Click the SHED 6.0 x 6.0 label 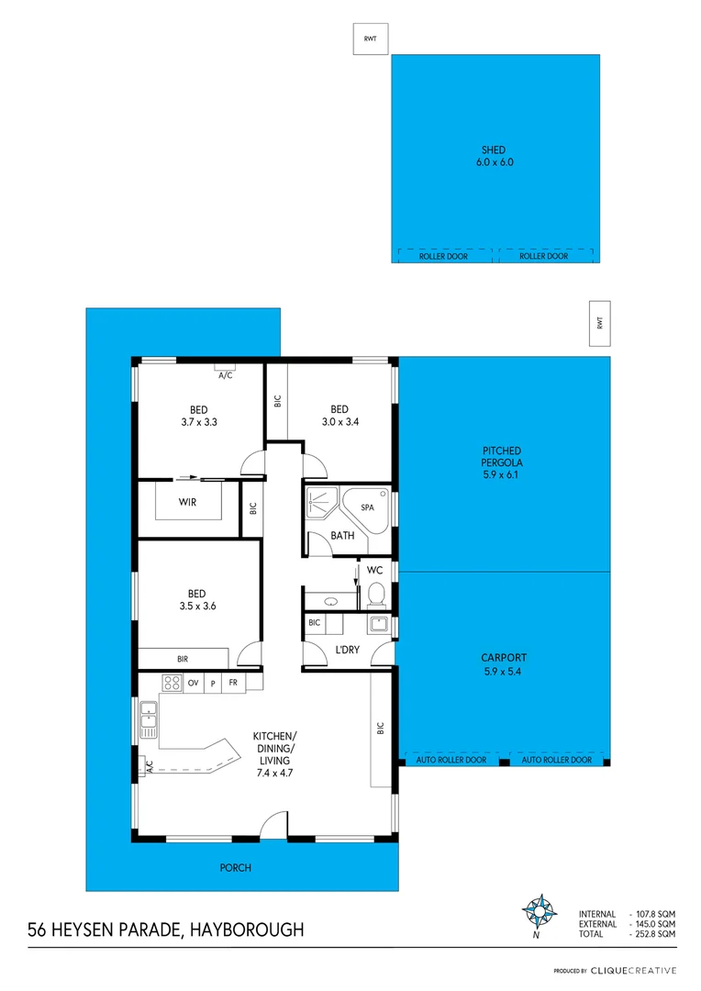click(x=494, y=156)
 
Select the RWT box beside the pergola click(x=600, y=323)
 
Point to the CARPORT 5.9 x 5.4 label click(x=503, y=664)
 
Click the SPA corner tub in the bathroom click(x=367, y=508)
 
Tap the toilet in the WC click(x=374, y=597)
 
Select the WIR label click(x=188, y=502)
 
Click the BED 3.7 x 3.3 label click(x=198, y=416)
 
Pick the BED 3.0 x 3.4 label click(x=339, y=416)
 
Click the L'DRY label click(x=347, y=650)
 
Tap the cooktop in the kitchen click(x=171, y=683)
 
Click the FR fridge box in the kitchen click(x=233, y=683)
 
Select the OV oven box click(x=194, y=683)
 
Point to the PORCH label click(x=235, y=867)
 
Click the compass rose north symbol click(x=538, y=912)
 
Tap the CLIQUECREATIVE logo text click(x=633, y=970)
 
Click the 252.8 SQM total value click(x=655, y=933)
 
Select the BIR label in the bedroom click(x=183, y=659)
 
